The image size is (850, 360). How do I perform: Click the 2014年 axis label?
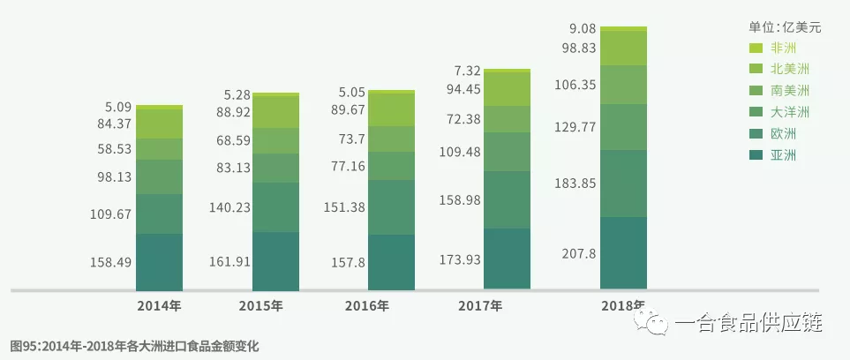159,306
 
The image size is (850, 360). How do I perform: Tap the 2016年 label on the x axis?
392,306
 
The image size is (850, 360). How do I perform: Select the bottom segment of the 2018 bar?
623,252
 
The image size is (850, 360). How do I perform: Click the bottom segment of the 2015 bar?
275,261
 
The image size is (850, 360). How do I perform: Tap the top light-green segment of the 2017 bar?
508,71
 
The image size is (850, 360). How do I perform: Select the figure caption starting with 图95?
135,345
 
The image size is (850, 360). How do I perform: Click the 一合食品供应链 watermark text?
748,326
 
